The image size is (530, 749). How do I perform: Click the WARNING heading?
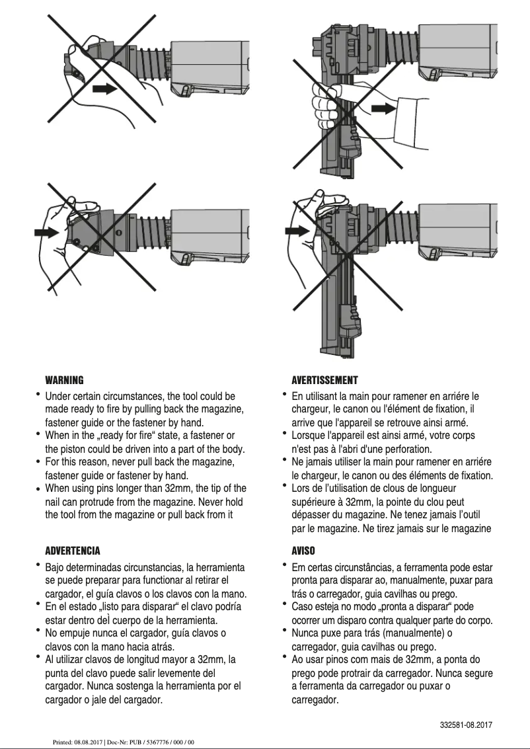(x=64, y=380)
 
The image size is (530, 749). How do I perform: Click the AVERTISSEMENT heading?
(x=324, y=380)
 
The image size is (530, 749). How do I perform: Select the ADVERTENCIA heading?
(x=72, y=551)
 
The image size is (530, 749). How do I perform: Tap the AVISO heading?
(x=303, y=551)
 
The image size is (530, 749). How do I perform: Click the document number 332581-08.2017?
(x=466, y=725)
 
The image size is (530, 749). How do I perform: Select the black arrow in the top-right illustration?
(x=383, y=107)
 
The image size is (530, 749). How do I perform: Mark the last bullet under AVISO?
(x=285, y=658)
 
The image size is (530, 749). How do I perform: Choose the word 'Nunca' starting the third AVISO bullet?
(x=305, y=633)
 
